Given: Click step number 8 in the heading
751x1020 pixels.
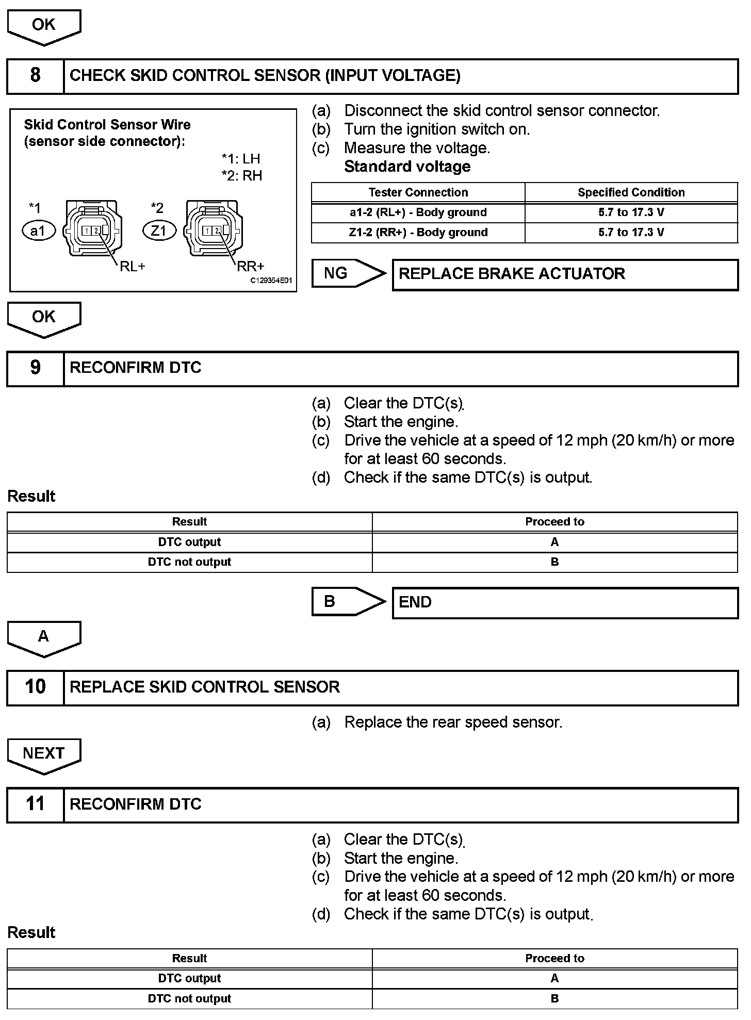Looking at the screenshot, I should tap(35, 75).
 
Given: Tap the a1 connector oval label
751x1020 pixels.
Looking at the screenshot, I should tap(38, 231).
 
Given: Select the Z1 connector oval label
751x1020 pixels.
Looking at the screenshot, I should tap(159, 231).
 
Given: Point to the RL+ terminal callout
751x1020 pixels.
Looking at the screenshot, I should tap(133, 266).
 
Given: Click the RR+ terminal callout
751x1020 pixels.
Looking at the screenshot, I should tap(250, 266).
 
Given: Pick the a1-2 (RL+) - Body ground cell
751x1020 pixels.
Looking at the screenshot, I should tap(418, 212).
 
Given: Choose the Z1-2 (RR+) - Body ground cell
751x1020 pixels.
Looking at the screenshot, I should tap(418, 233).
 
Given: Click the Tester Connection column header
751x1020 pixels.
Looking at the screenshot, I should tap(418, 192).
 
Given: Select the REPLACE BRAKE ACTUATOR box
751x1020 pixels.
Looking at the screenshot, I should tap(565, 274).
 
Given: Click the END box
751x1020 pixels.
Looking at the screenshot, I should tap(565, 603).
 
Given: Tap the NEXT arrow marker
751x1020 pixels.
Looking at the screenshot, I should tap(44, 755).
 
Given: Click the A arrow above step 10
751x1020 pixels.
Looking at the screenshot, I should tap(44, 638).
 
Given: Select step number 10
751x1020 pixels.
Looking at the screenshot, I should tap(35, 687).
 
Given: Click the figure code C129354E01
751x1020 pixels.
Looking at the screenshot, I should tap(271, 281).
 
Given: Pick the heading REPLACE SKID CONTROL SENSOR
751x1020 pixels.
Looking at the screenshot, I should tap(205, 687).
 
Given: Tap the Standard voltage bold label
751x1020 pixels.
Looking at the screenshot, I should tap(407, 167).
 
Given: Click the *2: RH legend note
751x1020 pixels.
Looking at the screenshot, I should tap(241, 176).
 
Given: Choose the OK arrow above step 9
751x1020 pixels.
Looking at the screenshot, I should tap(44, 318).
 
